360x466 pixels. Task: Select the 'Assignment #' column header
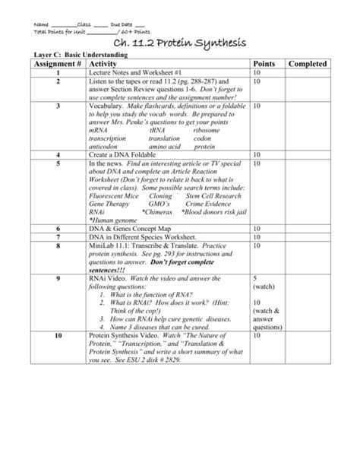[58, 66]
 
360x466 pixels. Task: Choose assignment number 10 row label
[58, 335]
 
